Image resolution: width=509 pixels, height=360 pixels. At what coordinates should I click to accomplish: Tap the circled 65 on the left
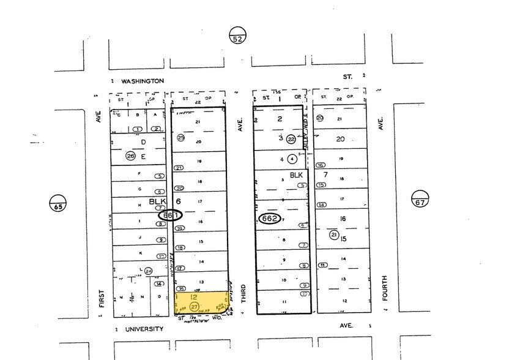(x=58, y=201)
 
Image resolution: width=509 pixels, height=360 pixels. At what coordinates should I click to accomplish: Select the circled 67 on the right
(x=418, y=198)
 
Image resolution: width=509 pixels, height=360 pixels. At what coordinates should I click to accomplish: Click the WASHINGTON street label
(x=142, y=81)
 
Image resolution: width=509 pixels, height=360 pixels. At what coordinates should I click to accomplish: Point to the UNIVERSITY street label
(x=144, y=329)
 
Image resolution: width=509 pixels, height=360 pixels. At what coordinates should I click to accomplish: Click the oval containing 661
(x=170, y=216)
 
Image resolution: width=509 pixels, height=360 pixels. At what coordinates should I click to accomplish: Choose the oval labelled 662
(x=270, y=219)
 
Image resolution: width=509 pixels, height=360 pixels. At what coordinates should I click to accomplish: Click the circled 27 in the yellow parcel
(x=195, y=306)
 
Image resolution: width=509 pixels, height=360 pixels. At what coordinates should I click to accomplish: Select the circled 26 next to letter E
(x=130, y=156)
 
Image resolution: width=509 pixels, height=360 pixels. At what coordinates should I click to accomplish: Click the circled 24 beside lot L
(x=147, y=271)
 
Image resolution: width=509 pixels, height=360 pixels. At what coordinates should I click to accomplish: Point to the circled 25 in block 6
(x=180, y=138)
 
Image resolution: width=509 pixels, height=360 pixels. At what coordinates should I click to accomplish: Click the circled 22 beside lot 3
(x=291, y=140)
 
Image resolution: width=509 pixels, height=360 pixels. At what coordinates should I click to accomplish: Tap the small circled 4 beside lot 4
(x=292, y=159)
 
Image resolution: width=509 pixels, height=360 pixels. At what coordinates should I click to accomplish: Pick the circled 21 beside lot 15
(x=334, y=234)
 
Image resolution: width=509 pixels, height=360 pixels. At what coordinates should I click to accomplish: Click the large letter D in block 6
(x=144, y=143)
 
